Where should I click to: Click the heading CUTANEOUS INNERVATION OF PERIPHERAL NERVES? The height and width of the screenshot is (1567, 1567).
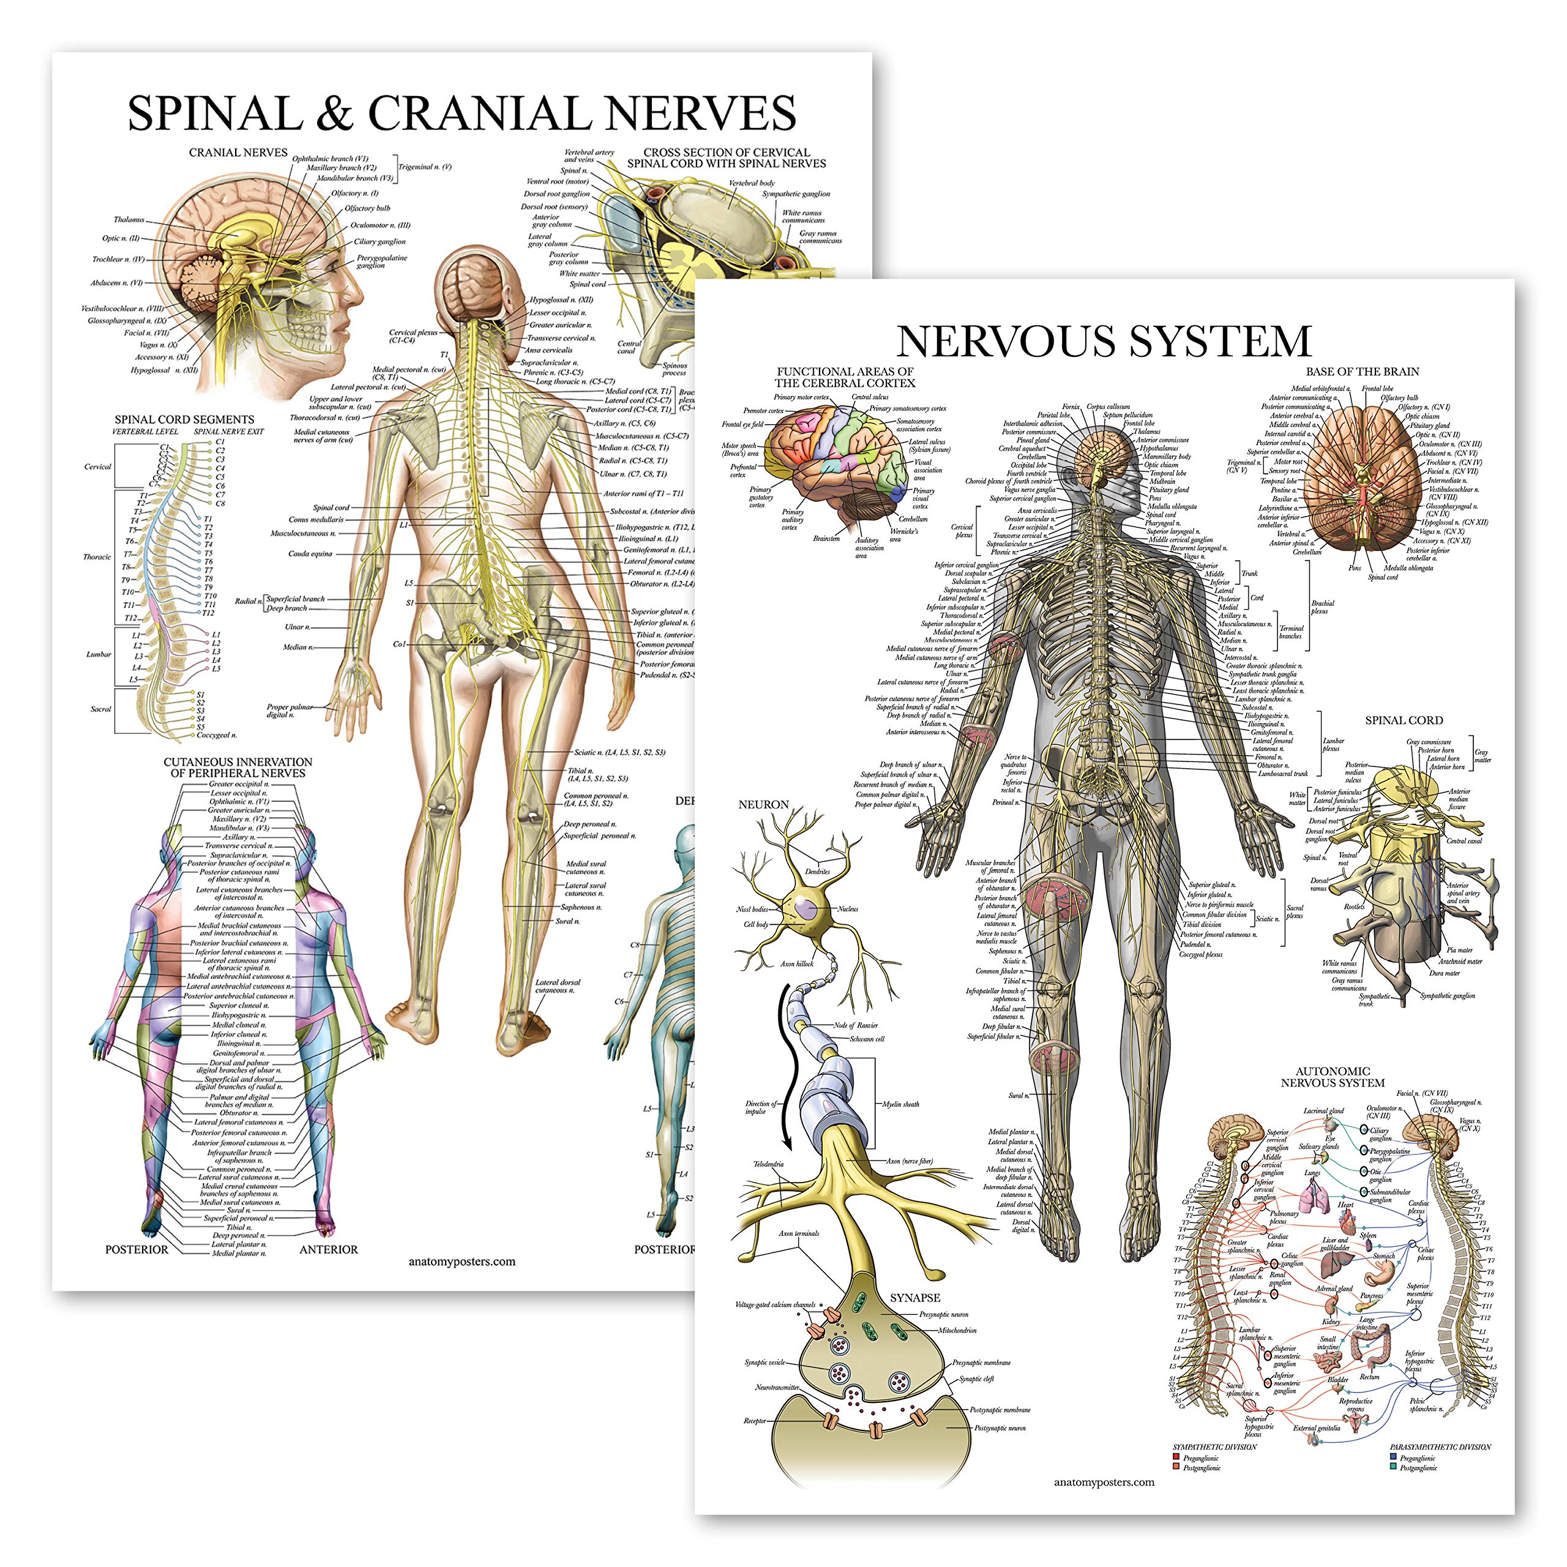tap(237, 767)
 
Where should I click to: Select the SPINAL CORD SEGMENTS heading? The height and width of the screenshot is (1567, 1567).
tap(184, 419)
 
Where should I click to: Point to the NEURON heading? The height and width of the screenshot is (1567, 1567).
tap(763, 804)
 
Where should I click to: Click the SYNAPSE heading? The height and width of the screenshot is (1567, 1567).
tap(915, 1298)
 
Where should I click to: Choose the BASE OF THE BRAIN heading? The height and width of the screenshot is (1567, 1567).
tap(1363, 372)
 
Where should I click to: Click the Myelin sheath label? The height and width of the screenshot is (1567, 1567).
tap(900, 1104)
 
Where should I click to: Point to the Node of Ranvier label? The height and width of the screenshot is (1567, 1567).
tap(856, 1025)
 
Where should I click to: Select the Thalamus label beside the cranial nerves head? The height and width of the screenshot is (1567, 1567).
tap(129, 220)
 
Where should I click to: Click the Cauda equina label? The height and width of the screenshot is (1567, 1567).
tap(310, 554)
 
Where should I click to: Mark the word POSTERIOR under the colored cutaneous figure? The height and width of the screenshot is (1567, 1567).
tap(137, 1250)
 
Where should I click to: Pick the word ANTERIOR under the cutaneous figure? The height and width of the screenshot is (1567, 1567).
tap(329, 1250)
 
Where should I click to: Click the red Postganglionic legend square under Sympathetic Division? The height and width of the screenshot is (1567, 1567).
tap(1175, 1467)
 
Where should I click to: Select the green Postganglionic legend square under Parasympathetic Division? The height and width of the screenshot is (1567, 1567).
tap(1393, 1467)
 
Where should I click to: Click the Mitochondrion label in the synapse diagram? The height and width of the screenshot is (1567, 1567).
tap(957, 1330)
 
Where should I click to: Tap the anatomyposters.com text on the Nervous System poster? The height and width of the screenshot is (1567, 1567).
tap(1104, 1482)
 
